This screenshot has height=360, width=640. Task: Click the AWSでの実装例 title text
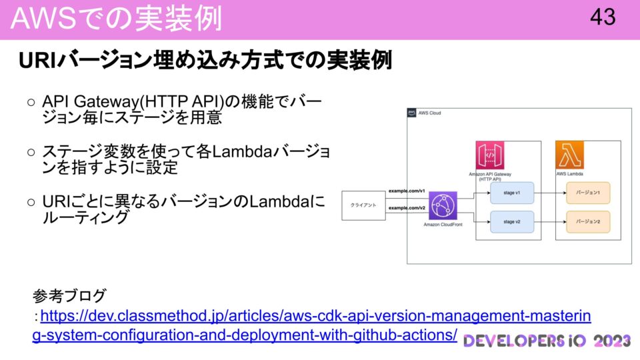(117, 19)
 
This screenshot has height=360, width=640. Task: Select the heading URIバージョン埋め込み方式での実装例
(205, 61)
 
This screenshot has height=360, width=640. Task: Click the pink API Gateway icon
(489, 155)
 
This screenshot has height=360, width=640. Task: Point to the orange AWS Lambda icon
(569, 155)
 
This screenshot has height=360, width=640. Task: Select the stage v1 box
(512, 193)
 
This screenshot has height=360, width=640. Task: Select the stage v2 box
(512, 221)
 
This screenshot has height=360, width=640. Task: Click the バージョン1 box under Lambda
(588, 193)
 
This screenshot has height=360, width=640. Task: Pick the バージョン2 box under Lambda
(588, 221)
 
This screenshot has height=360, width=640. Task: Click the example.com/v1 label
(407, 191)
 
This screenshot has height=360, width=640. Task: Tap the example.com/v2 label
(407, 208)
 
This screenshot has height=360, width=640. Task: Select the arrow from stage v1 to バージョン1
(550, 193)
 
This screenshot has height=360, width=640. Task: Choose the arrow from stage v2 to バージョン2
(550, 221)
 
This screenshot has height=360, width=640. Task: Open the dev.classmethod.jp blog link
(313, 315)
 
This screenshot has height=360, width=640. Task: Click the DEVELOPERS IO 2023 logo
(547, 341)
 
